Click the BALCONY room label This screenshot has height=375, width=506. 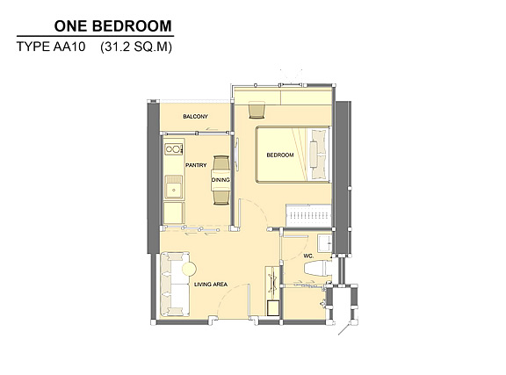195,116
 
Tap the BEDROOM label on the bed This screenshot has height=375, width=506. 280,155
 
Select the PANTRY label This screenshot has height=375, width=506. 196,165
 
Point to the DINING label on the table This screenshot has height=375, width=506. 220,180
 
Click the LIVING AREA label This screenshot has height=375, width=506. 211,285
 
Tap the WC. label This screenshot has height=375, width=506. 308,256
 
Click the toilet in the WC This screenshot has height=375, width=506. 318,269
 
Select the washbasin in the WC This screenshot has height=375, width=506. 325,243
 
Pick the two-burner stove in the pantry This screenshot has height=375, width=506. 174,149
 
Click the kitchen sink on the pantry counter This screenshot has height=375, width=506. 174,187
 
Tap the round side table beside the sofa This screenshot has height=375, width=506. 189,269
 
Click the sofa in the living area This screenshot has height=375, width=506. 175,284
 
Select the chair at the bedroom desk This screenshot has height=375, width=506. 257,110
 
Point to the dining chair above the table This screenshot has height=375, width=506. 221,162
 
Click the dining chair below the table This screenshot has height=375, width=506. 221,198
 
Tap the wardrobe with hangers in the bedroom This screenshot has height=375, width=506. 308,215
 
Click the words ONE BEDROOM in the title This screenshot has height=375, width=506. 113,26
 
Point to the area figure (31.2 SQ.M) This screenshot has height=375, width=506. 136,47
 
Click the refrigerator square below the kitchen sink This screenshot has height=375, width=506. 174,213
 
